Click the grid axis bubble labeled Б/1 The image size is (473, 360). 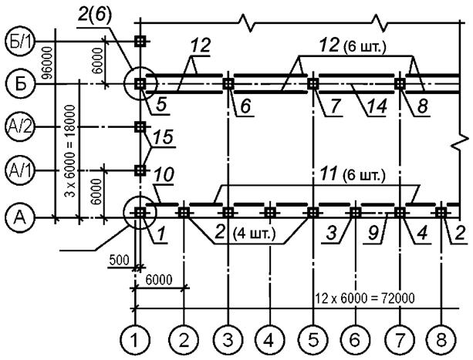tap(19, 42)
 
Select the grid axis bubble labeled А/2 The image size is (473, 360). tap(19, 127)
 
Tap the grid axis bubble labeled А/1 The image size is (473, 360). tap(19, 171)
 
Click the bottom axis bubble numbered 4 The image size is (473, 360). tap(269, 341)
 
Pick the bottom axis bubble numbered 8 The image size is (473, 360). tap(441, 341)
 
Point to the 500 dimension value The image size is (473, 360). tap(119, 260)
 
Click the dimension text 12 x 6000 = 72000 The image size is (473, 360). tap(365, 298)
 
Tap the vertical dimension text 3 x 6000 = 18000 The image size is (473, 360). tap(70, 151)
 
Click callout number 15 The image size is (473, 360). tap(163, 137)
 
